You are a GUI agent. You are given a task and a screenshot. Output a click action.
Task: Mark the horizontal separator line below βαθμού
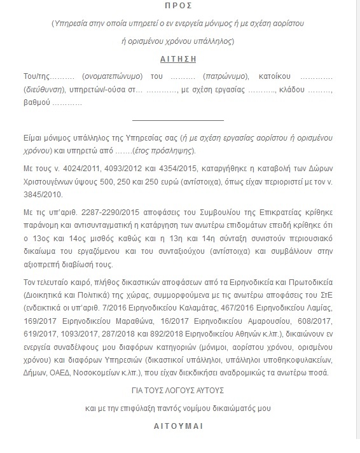pos(179,120)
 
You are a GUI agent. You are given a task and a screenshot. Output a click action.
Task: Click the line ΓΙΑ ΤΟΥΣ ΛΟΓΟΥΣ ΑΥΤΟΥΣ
pos(179,391)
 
